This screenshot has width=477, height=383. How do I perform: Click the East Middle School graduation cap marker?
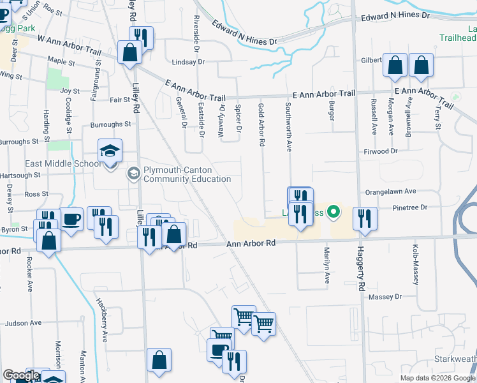(110, 152)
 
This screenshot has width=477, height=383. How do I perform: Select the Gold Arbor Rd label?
(261, 124)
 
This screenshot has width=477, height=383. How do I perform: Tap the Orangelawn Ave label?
(390, 191)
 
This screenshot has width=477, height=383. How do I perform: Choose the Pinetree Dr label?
(410, 207)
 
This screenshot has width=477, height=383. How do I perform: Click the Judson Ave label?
(23, 324)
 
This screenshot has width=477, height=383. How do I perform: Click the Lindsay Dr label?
(188, 62)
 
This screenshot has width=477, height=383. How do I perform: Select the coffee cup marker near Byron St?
(71, 219)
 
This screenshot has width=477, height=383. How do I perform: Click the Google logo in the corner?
(21, 376)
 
